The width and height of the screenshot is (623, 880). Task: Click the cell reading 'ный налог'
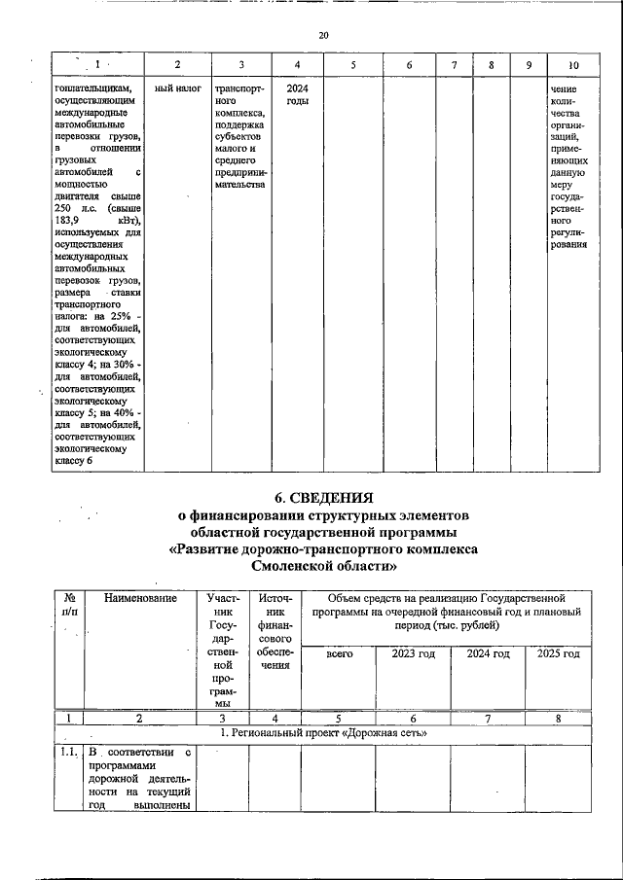pos(178,88)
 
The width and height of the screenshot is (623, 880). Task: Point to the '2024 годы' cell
pos(298,94)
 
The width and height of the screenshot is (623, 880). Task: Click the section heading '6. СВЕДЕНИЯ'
pos(323,497)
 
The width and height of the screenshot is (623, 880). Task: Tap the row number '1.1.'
pos(67,753)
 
